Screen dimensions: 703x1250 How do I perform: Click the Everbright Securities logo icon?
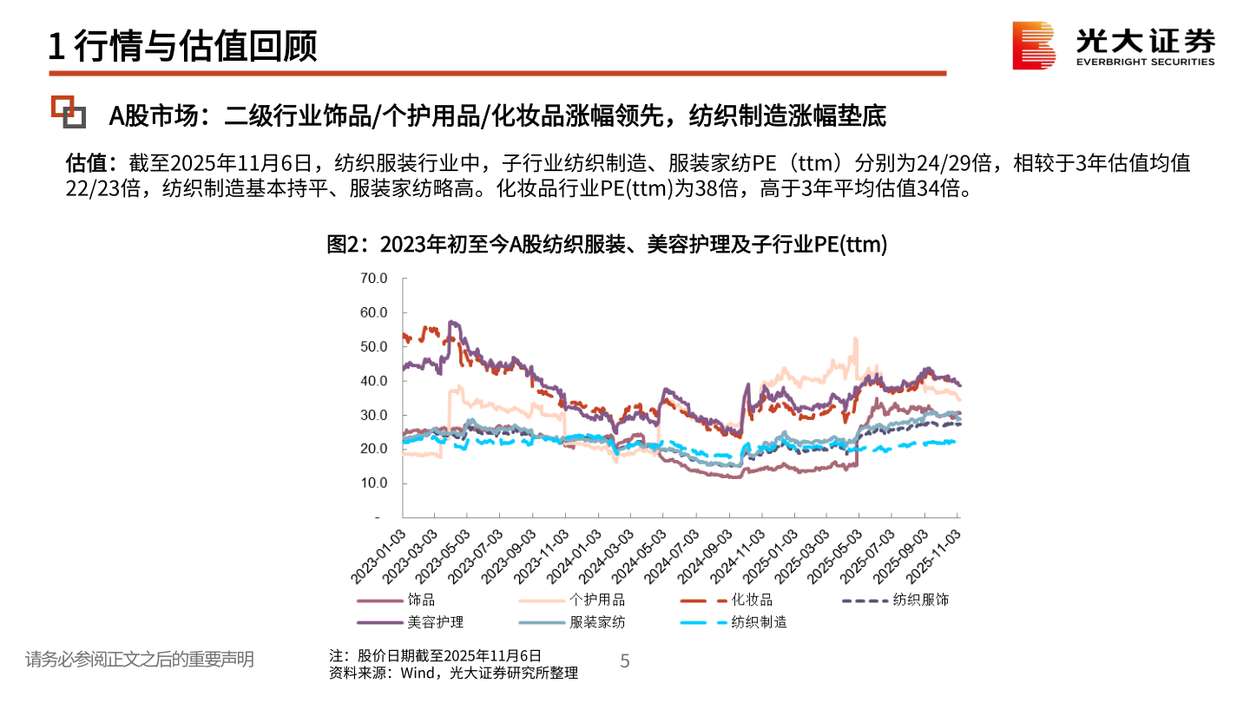pyautogui.click(x=1034, y=45)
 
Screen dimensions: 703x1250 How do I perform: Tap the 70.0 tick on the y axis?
pyautogui.click(x=372, y=279)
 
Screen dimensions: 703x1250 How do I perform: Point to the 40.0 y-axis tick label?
pyautogui.click(x=372, y=381)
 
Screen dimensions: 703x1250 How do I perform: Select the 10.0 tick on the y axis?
pyautogui.click(x=372, y=483)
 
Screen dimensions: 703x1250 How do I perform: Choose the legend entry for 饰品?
pyautogui.click(x=420, y=600)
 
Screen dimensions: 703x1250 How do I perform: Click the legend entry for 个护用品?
pyautogui.click(x=596, y=600)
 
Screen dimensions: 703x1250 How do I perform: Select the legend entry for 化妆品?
pyautogui.click(x=751, y=600)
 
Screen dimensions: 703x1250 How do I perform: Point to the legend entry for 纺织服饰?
pyautogui.click(x=920, y=600)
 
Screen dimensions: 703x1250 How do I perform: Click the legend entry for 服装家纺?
pyautogui.click(x=596, y=622)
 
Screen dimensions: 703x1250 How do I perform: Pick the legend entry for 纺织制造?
pyautogui.click(x=759, y=622)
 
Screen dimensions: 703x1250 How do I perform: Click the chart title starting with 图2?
pyautogui.click(x=607, y=246)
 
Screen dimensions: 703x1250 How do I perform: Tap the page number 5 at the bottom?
pyautogui.click(x=624, y=662)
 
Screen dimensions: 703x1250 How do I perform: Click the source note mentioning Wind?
pyautogui.click(x=453, y=673)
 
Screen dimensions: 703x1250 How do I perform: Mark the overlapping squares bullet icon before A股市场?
pyautogui.click(x=68, y=111)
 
